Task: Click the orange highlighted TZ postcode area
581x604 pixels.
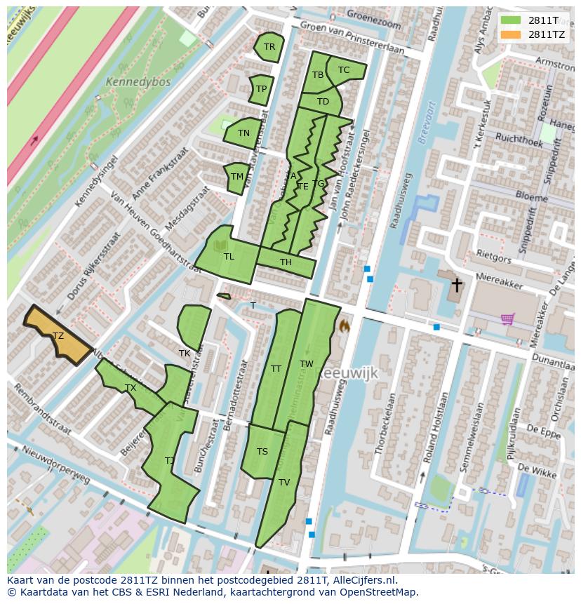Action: (x=58, y=336)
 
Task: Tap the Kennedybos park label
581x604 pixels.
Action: (x=128, y=82)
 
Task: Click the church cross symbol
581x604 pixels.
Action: (x=457, y=285)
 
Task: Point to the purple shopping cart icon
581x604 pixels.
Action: (x=508, y=319)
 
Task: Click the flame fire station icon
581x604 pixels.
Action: (x=344, y=326)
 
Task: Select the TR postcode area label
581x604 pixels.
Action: (x=269, y=47)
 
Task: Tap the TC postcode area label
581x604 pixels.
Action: (x=344, y=70)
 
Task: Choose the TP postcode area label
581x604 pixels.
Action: (x=261, y=89)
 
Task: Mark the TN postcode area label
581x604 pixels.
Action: (x=243, y=133)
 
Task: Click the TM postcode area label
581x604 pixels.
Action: (x=237, y=177)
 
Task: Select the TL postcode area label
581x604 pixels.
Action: (x=229, y=257)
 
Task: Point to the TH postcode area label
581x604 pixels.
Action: (x=286, y=262)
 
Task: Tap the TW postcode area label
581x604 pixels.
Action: (x=307, y=363)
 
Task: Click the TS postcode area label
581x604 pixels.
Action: (x=262, y=451)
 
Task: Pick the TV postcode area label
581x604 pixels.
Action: (x=284, y=483)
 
